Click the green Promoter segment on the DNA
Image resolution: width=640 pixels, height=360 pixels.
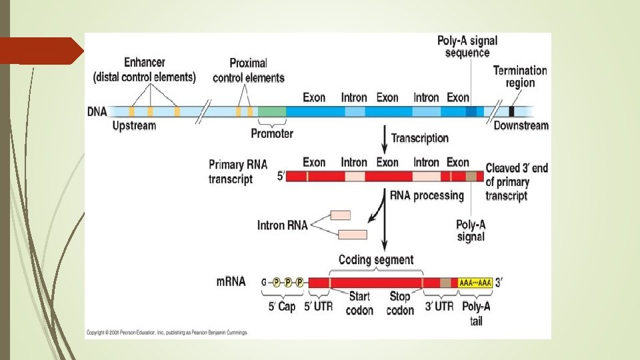tap(271, 112)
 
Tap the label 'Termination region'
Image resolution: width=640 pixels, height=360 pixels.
tap(520, 77)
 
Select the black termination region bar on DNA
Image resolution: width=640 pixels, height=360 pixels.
tap(512, 112)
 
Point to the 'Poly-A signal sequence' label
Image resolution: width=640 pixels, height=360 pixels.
tap(467, 47)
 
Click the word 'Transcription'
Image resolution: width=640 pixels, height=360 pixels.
tap(419, 138)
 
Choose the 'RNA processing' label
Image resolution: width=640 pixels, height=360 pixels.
tap(427, 195)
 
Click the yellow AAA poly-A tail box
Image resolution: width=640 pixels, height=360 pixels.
tap(475, 283)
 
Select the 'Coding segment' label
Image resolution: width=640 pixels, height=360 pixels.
tap(376, 259)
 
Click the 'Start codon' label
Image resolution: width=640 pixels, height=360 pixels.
tap(359, 303)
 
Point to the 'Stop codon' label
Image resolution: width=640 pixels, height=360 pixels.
tap(400, 303)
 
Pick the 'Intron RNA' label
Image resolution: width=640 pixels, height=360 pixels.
tap(282, 225)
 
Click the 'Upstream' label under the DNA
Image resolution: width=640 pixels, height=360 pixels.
tap(134, 125)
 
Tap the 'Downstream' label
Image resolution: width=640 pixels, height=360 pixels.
tap(521, 125)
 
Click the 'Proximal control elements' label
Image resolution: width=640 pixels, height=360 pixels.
tap(248, 71)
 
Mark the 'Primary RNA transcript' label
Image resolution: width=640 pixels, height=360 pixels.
tap(231, 171)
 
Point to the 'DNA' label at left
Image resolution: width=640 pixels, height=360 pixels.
tap(97, 112)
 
